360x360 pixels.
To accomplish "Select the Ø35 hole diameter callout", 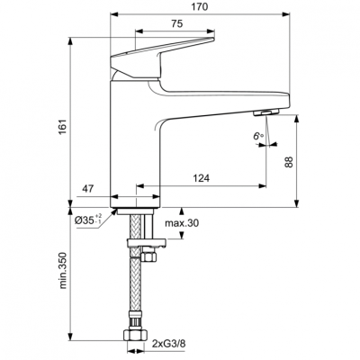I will [88, 219].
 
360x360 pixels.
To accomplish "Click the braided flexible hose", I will [135, 288].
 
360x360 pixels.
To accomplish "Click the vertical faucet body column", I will [135, 144].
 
